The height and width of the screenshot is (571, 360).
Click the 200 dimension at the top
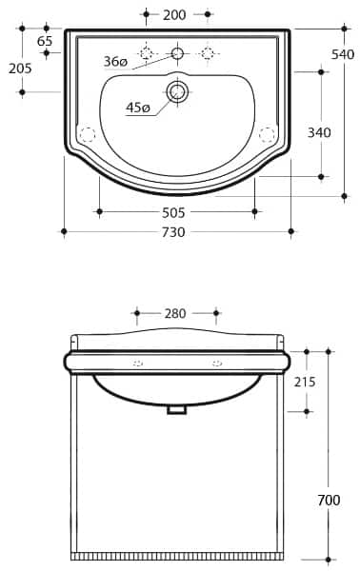click(x=174, y=14)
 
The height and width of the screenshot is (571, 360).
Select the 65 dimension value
click(x=45, y=41)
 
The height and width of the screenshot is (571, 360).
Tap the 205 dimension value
click(x=20, y=68)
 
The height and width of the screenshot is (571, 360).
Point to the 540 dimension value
click(x=343, y=54)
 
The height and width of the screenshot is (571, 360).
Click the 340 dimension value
click(x=319, y=132)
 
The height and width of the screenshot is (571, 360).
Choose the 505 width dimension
click(x=173, y=212)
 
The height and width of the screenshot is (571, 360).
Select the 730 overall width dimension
click(x=173, y=231)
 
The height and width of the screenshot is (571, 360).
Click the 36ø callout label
click(x=115, y=62)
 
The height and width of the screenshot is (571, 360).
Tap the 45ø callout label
click(x=138, y=108)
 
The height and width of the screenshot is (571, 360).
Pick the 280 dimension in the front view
click(x=176, y=312)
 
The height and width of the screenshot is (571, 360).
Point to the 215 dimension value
click(x=306, y=382)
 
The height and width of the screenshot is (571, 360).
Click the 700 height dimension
click(x=329, y=500)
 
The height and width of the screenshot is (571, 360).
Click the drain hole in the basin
click(x=177, y=91)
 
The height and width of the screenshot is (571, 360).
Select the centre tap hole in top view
click(x=177, y=52)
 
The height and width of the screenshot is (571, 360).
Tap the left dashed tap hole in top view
click(x=146, y=52)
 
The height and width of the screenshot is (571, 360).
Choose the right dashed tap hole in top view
click(x=208, y=52)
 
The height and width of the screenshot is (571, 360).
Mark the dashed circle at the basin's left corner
click(x=87, y=134)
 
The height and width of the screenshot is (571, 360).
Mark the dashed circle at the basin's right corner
click(x=268, y=134)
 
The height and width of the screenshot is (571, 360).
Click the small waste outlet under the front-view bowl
click(x=176, y=409)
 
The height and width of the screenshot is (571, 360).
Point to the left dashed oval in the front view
click(x=137, y=364)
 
